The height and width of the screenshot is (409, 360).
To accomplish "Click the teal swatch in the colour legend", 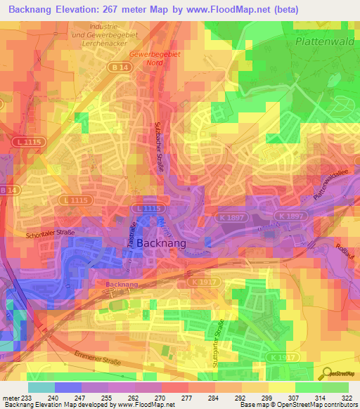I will tap(41, 387).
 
